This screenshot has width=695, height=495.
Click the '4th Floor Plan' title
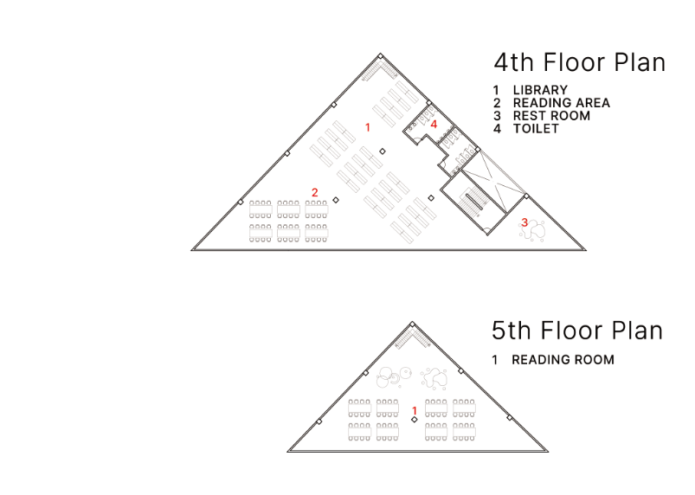click(x=580, y=62)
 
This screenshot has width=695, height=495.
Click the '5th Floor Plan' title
click(x=577, y=331)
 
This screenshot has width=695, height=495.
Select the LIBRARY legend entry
click(x=530, y=90)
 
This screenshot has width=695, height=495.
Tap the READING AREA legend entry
click(x=551, y=103)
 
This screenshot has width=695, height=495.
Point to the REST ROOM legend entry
click(x=542, y=116)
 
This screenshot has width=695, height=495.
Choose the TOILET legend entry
click(x=526, y=129)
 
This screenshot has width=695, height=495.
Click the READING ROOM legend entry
click(x=553, y=359)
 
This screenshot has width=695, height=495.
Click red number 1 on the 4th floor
click(x=368, y=127)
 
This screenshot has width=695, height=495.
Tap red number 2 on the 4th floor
click(x=315, y=192)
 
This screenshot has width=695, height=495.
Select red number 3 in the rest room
click(x=524, y=222)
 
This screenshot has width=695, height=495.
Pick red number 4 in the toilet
click(x=434, y=125)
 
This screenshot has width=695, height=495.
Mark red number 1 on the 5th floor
click(x=415, y=411)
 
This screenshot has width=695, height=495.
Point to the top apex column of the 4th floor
click(x=380, y=56)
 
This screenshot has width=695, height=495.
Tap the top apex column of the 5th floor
click(x=412, y=325)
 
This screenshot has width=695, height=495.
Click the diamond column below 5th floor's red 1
click(x=414, y=419)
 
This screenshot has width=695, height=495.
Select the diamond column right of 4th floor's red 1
click(x=383, y=151)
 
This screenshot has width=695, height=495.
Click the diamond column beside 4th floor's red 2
click(x=336, y=200)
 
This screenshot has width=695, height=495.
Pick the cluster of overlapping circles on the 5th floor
click(x=394, y=377)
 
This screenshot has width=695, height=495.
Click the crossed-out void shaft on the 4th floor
click(x=492, y=181)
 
